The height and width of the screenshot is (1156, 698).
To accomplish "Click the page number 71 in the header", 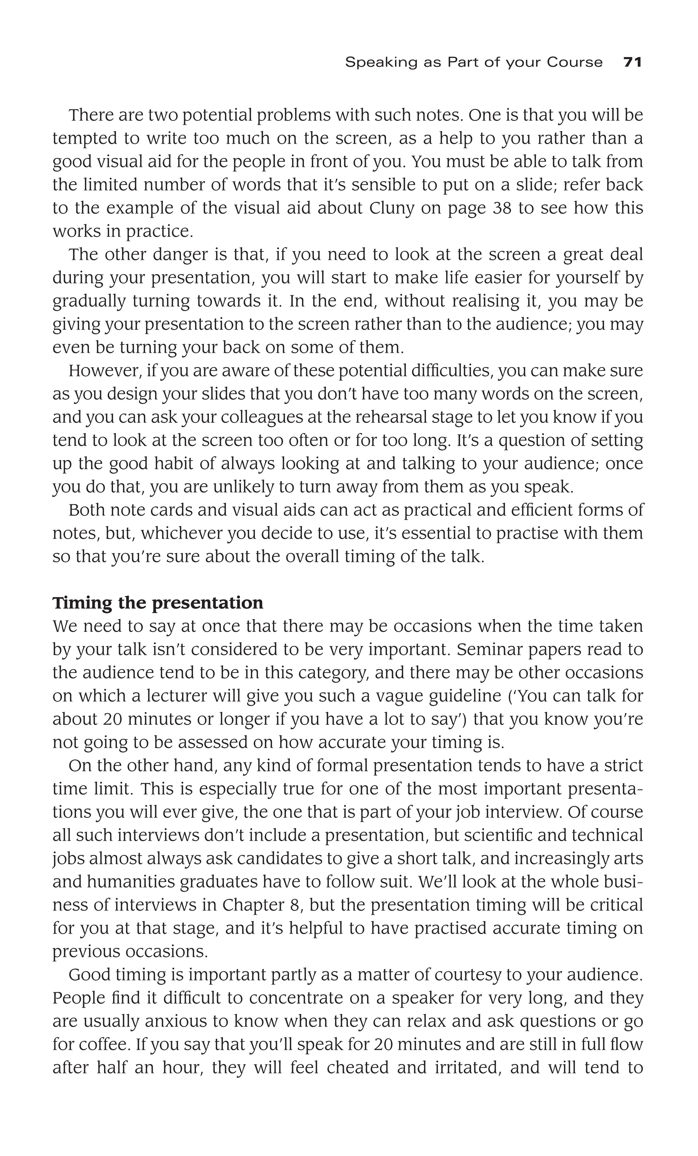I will tap(632, 62).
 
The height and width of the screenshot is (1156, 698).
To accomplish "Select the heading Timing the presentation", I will tap(157, 603).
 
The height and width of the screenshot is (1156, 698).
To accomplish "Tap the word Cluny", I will tap(392, 208).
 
